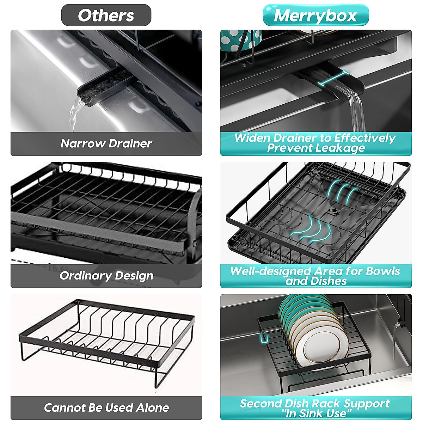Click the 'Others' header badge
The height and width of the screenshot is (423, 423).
[x=106, y=16]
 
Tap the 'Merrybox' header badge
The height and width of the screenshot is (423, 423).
[x=315, y=16]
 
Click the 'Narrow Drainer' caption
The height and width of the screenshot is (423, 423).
[x=106, y=143]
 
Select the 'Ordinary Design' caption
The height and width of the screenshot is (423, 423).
[x=106, y=276]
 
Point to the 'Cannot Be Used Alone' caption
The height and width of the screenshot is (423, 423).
[x=106, y=408]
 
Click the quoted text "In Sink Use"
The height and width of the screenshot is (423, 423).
[x=316, y=413]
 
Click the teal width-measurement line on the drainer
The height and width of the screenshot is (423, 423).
[x=333, y=78]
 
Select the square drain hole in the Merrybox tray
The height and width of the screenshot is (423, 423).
[x=333, y=211]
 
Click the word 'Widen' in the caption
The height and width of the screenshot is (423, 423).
[x=253, y=138]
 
